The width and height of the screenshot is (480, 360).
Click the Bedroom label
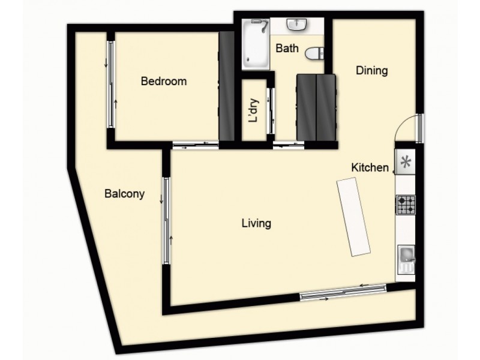pyautogui.click(x=163, y=82)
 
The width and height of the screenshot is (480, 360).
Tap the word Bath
pyautogui.click(x=286, y=49)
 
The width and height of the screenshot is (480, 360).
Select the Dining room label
pyautogui.click(x=372, y=71)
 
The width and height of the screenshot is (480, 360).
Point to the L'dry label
pyautogui.click(x=254, y=110)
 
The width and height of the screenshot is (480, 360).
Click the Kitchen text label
pyautogui.click(x=370, y=167)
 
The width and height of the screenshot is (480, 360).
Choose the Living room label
pyautogui.click(x=256, y=224)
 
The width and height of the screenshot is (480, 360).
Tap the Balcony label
pyautogui.click(x=124, y=194)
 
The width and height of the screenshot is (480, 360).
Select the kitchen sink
pyautogui.click(x=406, y=259)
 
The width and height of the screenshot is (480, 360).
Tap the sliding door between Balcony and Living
pyautogui.click(x=166, y=221)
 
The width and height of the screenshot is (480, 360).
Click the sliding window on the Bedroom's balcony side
pyautogui.click(x=110, y=84)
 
